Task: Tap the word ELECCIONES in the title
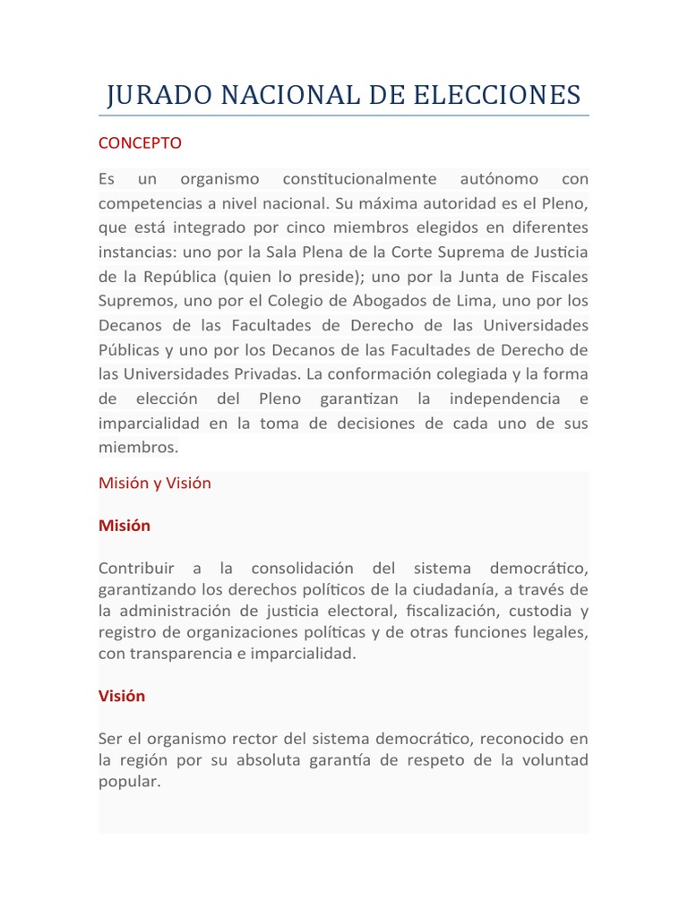(508, 95)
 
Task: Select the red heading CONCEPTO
(140, 143)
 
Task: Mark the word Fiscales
(553, 276)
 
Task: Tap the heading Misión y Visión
(155, 483)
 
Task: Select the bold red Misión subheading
(125, 526)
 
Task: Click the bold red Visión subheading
(122, 696)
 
